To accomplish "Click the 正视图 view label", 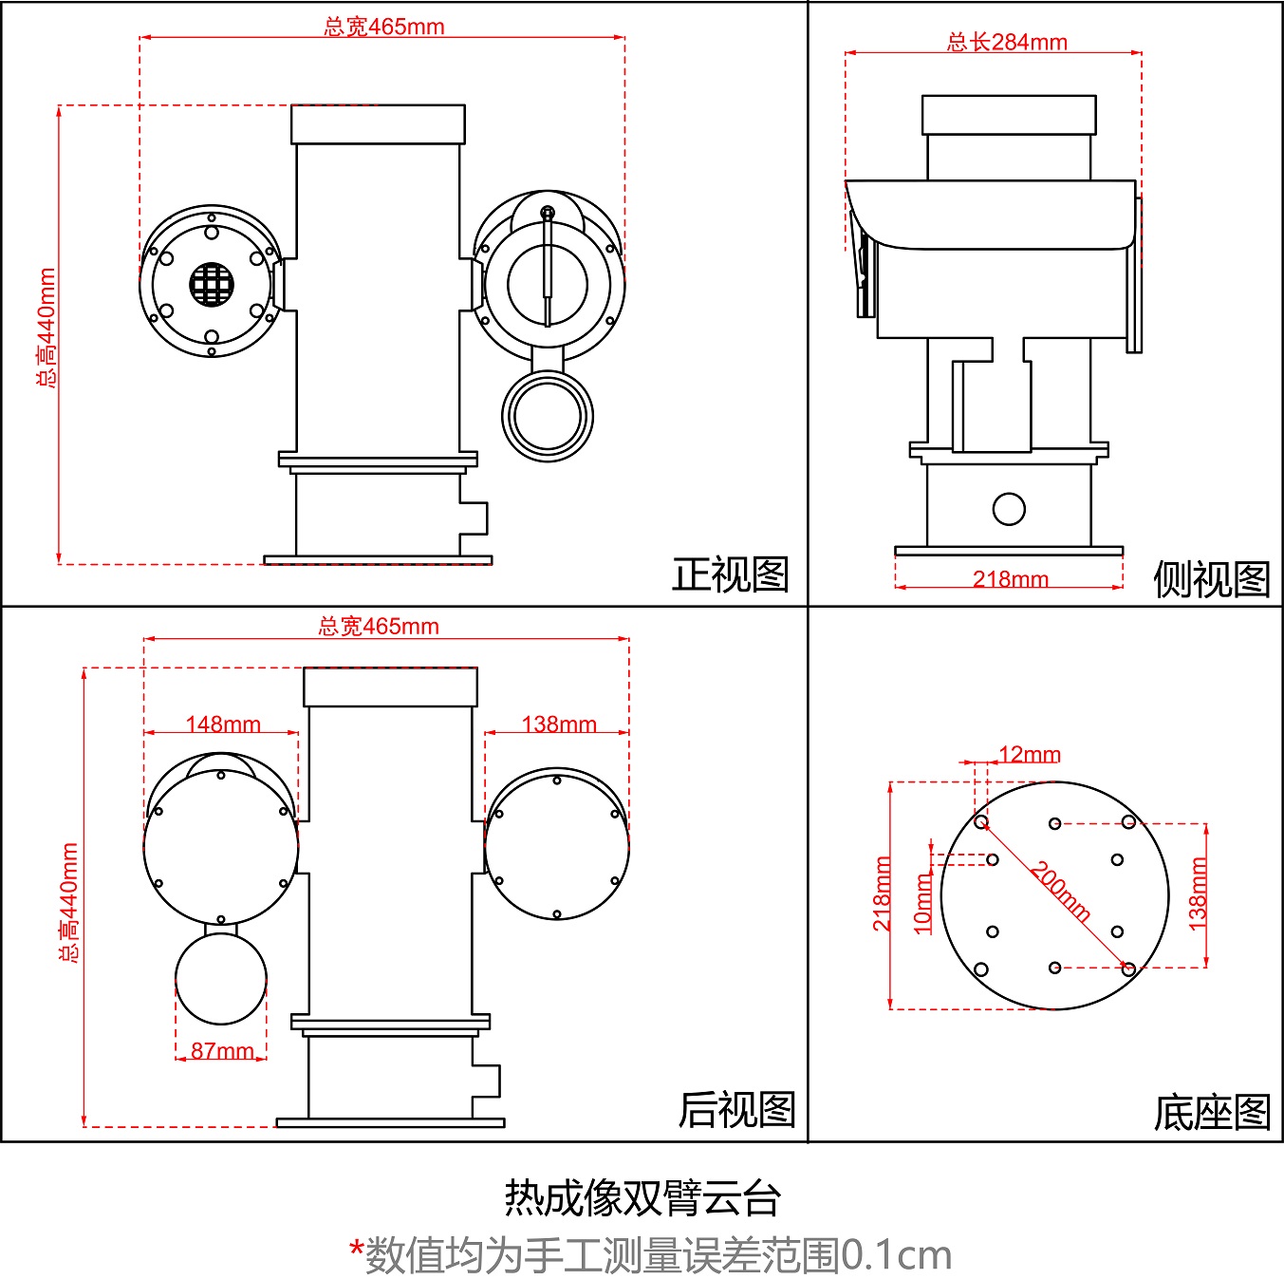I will pyautogui.click(x=730, y=574).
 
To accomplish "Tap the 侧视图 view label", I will pyautogui.click(x=1211, y=578).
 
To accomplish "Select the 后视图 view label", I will pyautogui.click(x=736, y=1109).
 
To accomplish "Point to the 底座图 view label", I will pyautogui.click(x=1211, y=1113).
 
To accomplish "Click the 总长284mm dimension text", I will pyautogui.click(x=1007, y=42).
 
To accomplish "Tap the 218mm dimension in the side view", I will pyautogui.click(x=1010, y=578).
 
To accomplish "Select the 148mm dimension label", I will pyautogui.click(x=222, y=724).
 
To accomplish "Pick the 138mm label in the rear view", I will pyautogui.click(x=558, y=724).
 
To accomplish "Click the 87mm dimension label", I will pyautogui.click(x=222, y=1050).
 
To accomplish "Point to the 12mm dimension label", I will pyautogui.click(x=1029, y=754).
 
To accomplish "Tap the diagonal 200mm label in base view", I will pyautogui.click(x=1061, y=891).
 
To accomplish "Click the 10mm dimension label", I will pyautogui.click(x=922, y=904).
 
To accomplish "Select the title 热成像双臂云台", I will pyautogui.click(x=642, y=1197).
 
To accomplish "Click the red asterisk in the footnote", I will pyautogui.click(x=356, y=1251).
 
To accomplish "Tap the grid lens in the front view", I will pyautogui.click(x=211, y=284).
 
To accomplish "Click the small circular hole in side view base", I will pyautogui.click(x=1008, y=509).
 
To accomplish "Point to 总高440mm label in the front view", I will pyautogui.click(x=46, y=328).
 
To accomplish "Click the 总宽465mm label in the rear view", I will pyautogui.click(x=378, y=626).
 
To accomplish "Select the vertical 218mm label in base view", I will pyautogui.click(x=882, y=893).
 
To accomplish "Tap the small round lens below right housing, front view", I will pyautogui.click(x=547, y=416).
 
